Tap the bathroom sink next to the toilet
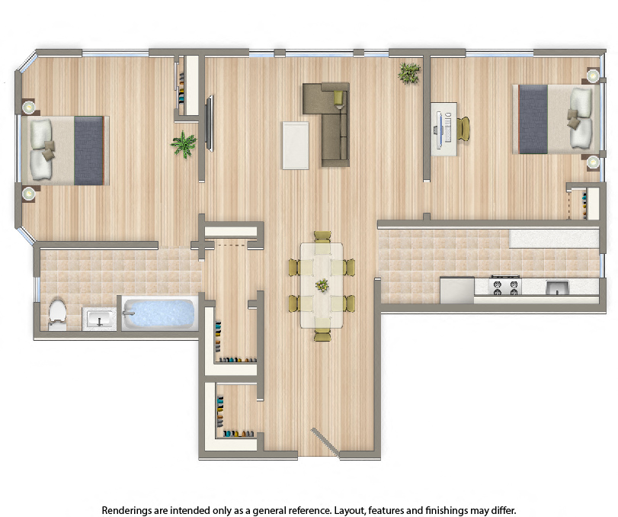pos(98,318)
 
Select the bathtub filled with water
pos(159,313)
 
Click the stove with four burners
pos(504,287)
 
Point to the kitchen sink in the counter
pos(557,287)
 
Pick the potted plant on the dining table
pos(322,285)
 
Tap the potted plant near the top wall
pos(409,73)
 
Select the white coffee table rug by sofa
pos(296,145)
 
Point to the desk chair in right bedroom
pos(463,129)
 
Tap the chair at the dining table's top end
pos(322,236)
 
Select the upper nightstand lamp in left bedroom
pos(28,108)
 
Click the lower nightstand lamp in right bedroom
pos(592,162)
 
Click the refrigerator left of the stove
pos(456,290)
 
